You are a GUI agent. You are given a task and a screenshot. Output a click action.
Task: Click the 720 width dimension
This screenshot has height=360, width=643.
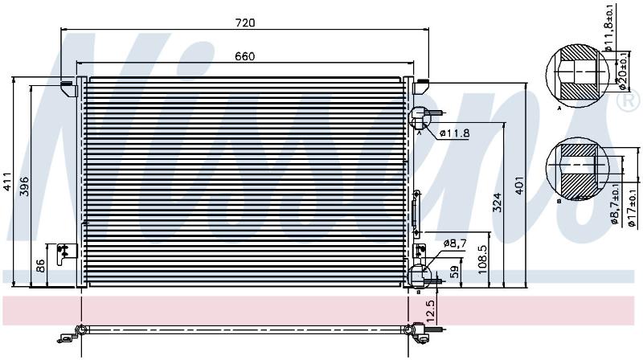(x=245, y=22)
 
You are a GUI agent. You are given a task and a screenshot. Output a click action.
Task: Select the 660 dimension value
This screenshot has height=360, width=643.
(x=245, y=56)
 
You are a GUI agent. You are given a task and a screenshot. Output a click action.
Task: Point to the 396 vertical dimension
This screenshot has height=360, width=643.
(x=25, y=186)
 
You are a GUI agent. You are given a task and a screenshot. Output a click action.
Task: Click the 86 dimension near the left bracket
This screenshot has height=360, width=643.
(x=41, y=266)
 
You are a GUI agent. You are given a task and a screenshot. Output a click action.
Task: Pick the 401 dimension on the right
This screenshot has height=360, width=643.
(x=519, y=186)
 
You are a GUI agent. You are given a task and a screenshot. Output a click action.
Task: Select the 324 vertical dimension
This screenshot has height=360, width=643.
(x=497, y=202)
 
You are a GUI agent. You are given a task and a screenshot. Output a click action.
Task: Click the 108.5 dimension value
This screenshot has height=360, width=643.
(x=483, y=260)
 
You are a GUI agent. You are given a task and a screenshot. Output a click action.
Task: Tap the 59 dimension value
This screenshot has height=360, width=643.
(x=455, y=272)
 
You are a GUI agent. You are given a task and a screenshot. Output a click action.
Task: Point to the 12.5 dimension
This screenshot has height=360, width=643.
(x=430, y=311)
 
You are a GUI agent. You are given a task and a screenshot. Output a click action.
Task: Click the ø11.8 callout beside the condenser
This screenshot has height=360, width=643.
(x=454, y=133)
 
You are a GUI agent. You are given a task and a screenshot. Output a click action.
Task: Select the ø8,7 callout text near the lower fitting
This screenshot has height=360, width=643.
(x=455, y=243)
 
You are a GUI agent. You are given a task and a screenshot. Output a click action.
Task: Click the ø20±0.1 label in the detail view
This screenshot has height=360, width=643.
(x=622, y=72)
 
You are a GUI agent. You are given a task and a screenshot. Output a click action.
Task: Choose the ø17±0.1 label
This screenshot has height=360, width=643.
(x=632, y=207)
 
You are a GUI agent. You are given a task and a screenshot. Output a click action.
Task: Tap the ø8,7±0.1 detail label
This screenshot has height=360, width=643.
(x=615, y=204)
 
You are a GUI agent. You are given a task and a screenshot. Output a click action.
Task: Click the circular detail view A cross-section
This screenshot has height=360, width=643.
(x=578, y=76)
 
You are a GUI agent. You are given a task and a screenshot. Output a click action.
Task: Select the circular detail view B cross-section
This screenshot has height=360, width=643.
(x=577, y=169)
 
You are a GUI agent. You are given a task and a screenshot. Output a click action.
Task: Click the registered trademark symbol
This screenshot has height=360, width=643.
(x=629, y=102)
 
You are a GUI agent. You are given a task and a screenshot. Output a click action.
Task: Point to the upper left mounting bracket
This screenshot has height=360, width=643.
(x=69, y=88)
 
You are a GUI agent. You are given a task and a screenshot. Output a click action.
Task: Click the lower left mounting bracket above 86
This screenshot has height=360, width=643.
(x=67, y=253)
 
